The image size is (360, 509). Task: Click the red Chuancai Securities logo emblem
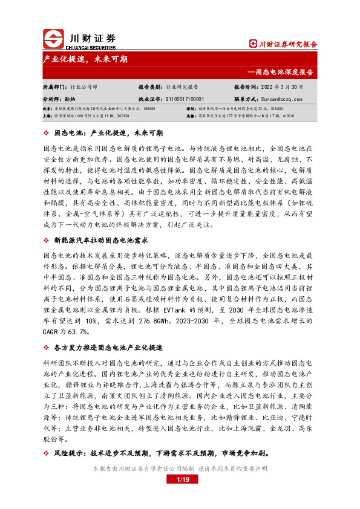click(x=54, y=40)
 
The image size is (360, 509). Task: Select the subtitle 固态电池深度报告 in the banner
click(x=285, y=72)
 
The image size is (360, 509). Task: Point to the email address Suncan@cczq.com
click(x=282, y=98)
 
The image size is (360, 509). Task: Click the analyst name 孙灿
click(x=70, y=98)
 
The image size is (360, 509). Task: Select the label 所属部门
click(x=53, y=87)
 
